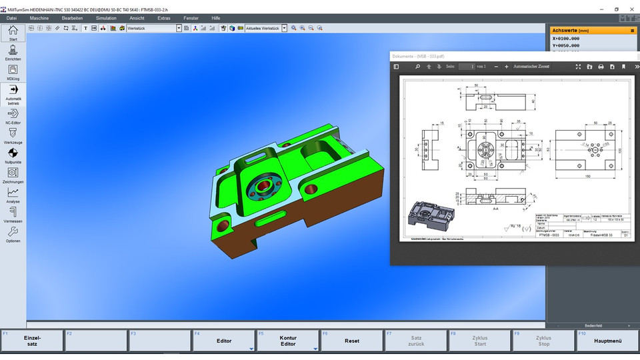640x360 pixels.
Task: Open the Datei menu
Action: point(11,18)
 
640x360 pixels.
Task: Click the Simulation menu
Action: point(106,18)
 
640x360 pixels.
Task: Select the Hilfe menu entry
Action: point(215,18)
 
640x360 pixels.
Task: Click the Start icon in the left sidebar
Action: point(13,32)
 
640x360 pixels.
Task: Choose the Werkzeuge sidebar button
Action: point(13,135)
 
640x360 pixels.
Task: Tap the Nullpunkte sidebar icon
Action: point(13,155)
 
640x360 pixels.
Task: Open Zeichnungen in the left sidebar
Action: point(13,175)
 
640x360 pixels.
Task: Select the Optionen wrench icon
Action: point(13,233)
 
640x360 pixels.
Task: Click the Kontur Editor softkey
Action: point(287,341)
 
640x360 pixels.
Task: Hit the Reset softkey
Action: point(351,341)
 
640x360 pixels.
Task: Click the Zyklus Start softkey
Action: point(480,341)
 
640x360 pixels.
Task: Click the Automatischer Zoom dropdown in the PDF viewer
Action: point(533,67)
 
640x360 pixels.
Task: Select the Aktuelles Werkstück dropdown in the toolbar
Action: point(265,28)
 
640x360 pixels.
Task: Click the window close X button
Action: point(633,9)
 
